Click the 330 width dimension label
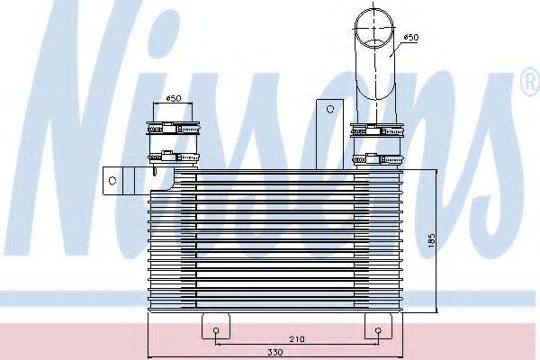pos(275,352)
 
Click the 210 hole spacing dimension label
pos(297,339)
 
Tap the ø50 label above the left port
pos(174,98)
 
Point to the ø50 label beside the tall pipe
pos(411,37)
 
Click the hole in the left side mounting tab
pos(112,180)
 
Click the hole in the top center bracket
pos(330,109)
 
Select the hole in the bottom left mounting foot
pos(216,330)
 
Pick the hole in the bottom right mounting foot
pos(378,330)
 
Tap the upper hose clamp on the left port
pos(173,128)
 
